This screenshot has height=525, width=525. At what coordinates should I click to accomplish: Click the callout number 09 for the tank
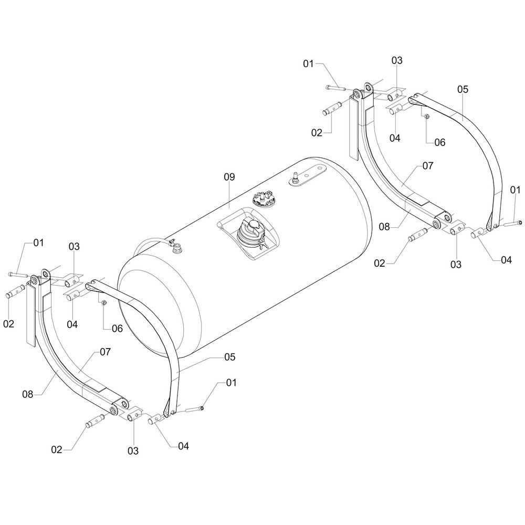[x=229, y=177]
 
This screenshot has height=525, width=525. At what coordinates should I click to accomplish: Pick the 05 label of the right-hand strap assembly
[x=462, y=90]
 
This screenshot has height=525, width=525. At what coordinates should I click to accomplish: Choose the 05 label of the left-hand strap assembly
[x=229, y=357]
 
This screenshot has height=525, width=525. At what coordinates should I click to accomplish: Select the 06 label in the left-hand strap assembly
[x=117, y=328]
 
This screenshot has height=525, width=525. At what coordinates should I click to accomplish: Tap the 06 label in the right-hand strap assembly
[x=439, y=142]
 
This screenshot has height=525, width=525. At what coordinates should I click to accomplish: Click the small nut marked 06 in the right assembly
[x=426, y=117]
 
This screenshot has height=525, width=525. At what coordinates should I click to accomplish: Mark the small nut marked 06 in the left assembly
[x=103, y=302]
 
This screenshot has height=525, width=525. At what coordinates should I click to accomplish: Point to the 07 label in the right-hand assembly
[x=427, y=165]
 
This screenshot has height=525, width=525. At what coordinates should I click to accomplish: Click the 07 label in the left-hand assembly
[x=105, y=352]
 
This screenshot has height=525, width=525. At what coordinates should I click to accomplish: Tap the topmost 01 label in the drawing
[x=309, y=64]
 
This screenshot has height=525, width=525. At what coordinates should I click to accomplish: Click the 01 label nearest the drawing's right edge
[x=515, y=190]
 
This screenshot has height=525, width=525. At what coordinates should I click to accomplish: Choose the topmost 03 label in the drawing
[x=396, y=60]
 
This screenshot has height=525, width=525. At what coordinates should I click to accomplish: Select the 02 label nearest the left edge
[x=9, y=324]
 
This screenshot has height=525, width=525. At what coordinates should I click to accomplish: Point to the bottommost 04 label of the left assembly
[x=183, y=446]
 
